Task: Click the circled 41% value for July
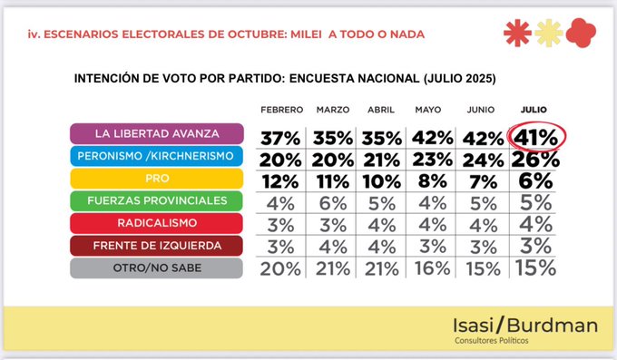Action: coord(536,137)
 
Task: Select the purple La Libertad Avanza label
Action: coord(157,133)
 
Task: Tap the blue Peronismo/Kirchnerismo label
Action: coord(156,156)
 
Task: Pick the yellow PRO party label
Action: coord(157,179)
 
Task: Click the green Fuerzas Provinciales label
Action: coord(157,200)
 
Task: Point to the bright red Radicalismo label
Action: coord(157,223)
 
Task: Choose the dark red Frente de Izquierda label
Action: coord(157,246)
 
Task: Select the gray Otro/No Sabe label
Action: coord(157,268)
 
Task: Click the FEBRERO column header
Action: coord(282,110)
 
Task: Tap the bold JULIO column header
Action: coord(534,110)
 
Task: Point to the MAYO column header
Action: coord(428,110)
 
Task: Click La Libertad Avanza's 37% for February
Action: coord(280,139)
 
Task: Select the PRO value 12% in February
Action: coord(280,181)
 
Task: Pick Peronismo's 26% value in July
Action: coord(535,160)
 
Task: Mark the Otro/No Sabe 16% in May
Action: coord(432,268)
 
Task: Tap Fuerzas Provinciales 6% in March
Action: coord(333,204)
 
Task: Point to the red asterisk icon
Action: coord(517,33)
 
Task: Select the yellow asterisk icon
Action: coord(549,33)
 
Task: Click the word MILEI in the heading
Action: coord(306,34)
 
